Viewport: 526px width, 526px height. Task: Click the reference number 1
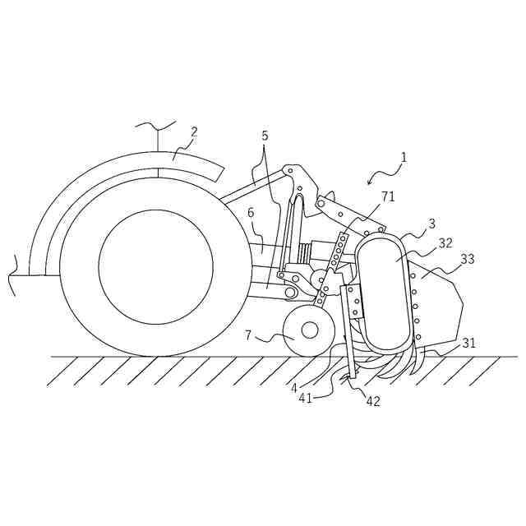pos(404,156)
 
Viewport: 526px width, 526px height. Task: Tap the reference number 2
pos(195,131)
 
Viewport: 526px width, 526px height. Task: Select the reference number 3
pos(432,224)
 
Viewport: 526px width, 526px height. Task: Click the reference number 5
pos(265,136)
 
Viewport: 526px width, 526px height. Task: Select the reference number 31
pos(468,343)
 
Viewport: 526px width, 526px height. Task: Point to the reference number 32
pos(445,243)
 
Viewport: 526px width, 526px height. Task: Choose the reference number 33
pos(468,259)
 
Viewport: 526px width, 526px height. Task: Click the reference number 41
pos(305,399)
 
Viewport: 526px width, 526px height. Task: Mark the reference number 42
pos(373,402)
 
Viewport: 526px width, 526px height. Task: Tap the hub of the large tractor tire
pos(155,266)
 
